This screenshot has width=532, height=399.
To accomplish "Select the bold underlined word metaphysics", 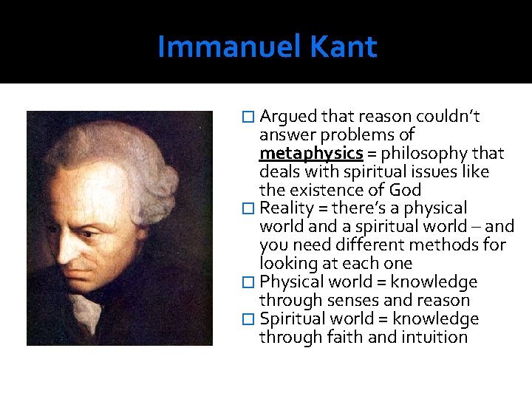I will coord(310,154).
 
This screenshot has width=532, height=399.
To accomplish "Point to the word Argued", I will coord(287,117).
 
